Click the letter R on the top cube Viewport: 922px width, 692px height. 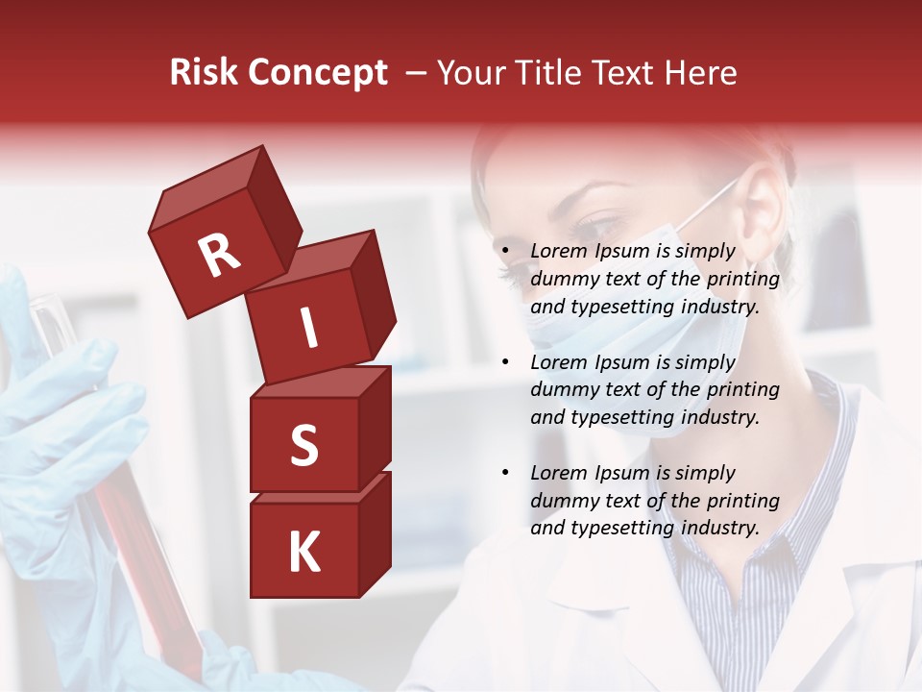click(x=219, y=255)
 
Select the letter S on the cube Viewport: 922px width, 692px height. click(x=303, y=445)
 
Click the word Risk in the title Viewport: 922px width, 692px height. click(x=204, y=73)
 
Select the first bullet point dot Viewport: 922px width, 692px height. click(x=505, y=253)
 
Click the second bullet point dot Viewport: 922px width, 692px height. click(x=505, y=363)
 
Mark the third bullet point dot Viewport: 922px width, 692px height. click(x=505, y=474)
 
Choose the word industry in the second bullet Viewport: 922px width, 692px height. click(x=719, y=417)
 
